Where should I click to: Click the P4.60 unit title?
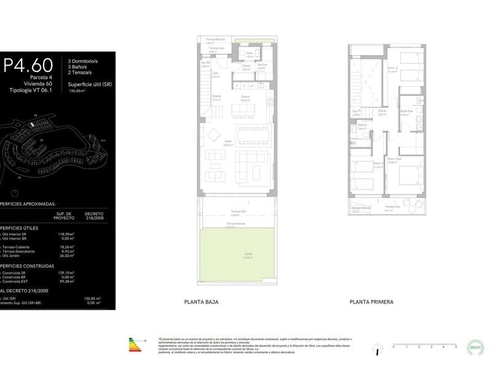(29, 65)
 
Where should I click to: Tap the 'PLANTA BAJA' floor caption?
(201, 302)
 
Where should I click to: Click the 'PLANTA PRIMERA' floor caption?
(371, 302)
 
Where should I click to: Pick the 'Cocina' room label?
(245, 97)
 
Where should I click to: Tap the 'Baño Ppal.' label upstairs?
(405, 112)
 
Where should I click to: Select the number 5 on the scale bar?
(456, 347)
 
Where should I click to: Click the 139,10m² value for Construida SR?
(66, 272)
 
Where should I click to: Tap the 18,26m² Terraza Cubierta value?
(66, 247)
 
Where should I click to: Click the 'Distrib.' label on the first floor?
(381, 112)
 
